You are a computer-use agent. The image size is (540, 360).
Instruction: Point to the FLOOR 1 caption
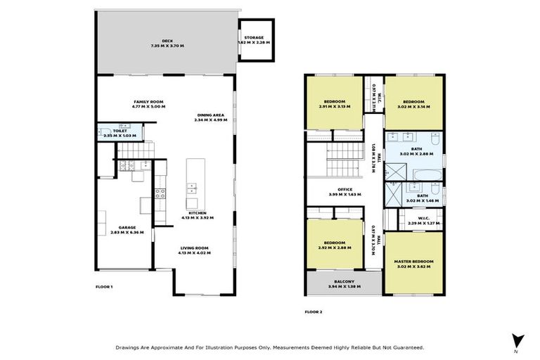pyautogui.click(x=104, y=287)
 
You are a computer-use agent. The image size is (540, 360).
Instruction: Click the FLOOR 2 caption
pyautogui.click(x=314, y=311)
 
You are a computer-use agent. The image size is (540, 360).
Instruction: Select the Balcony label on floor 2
pyautogui.click(x=345, y=284)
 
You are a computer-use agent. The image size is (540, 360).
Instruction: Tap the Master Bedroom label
pyautogui.click(x=414, y=264)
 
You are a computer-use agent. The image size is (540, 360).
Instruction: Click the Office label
pyautogui.click(x=345, y=191)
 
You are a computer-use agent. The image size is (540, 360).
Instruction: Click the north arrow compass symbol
pyautogui.click(x=517, y=340)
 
